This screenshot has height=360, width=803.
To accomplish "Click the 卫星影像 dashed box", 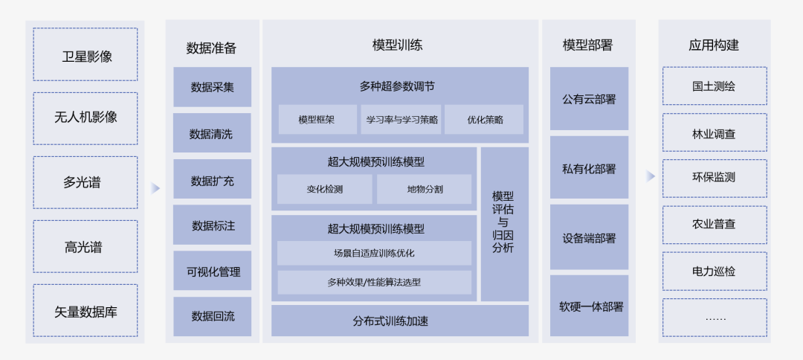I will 86,55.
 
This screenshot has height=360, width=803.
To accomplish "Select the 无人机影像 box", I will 86,118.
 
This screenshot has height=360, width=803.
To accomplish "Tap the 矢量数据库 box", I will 86,311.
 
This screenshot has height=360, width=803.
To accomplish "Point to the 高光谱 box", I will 86,247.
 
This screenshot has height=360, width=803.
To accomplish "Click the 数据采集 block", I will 212,87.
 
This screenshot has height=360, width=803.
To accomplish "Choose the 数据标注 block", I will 212,225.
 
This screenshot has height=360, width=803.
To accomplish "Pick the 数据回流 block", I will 212,316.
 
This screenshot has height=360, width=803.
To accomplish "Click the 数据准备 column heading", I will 211,48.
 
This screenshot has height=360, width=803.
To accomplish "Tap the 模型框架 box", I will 317,119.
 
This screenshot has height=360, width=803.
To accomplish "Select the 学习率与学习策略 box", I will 401,119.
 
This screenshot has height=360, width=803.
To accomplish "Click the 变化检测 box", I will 324,189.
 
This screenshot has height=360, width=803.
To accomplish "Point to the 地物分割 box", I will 424,189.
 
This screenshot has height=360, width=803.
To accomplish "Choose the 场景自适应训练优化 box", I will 374,253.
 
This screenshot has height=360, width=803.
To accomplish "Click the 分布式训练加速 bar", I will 399,321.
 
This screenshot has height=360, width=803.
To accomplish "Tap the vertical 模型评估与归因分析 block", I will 503,223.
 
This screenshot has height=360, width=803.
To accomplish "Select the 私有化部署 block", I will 589,168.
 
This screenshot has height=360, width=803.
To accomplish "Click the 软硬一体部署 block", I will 589,306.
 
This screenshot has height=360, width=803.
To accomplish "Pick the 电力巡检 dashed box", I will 714,271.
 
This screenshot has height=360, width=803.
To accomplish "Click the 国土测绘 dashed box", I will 714,86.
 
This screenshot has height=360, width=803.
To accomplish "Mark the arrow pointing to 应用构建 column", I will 650,176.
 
